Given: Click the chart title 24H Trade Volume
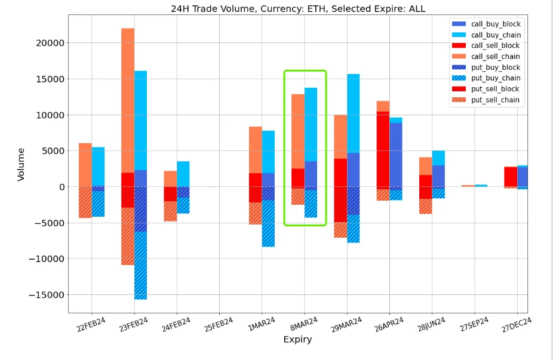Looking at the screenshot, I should click(297, 8).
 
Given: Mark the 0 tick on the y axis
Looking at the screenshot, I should click(60, 187).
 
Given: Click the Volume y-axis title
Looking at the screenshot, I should click(21, 164).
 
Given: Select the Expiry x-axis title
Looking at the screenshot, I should click(297, 340).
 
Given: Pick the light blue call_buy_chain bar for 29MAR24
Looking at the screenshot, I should click(354, 113).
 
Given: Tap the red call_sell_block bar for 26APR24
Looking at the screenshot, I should click(383, 149).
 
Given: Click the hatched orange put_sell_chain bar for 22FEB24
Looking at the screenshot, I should click(85, 202).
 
